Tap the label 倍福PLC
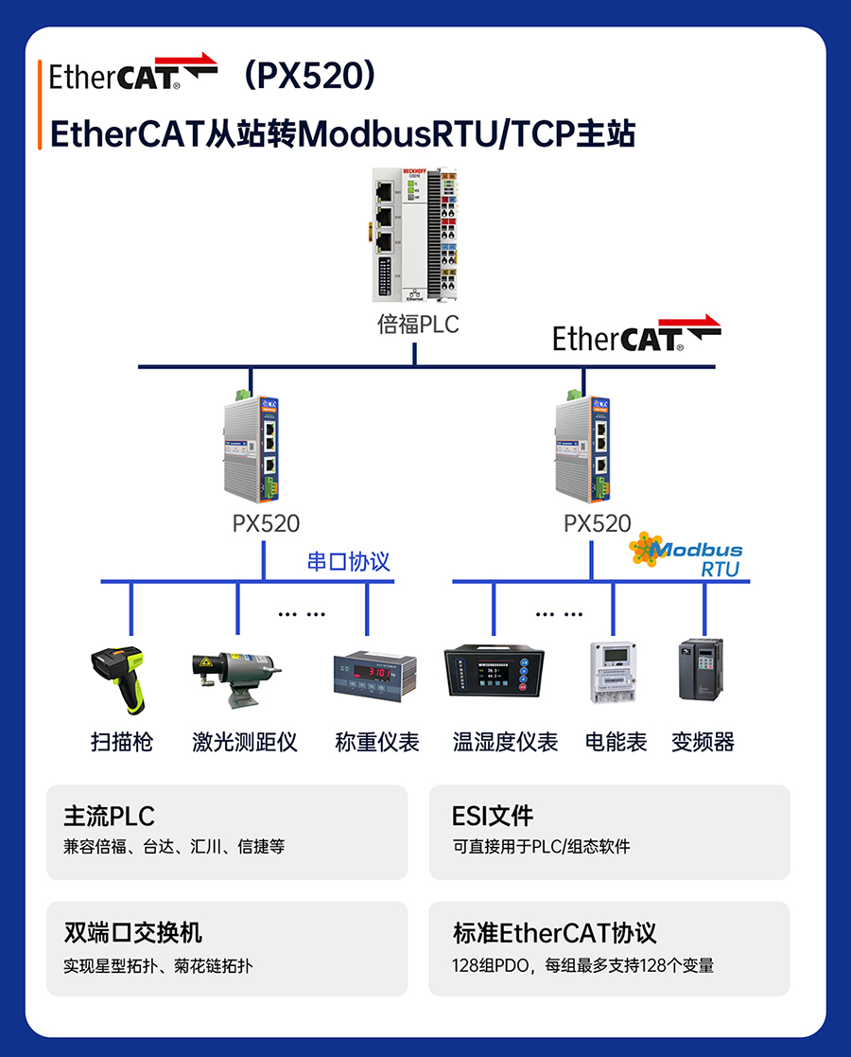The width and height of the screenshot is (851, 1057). click(x=418, y=325)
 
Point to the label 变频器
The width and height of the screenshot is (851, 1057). click(x=703, y=742)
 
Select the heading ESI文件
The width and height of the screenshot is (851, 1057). click(x=493, y=816)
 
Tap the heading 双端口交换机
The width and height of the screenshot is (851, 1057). click(x=133, y=933)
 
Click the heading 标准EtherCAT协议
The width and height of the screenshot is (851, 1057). click(x=555, y=933)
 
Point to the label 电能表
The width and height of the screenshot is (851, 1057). click(x=617, y=742)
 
